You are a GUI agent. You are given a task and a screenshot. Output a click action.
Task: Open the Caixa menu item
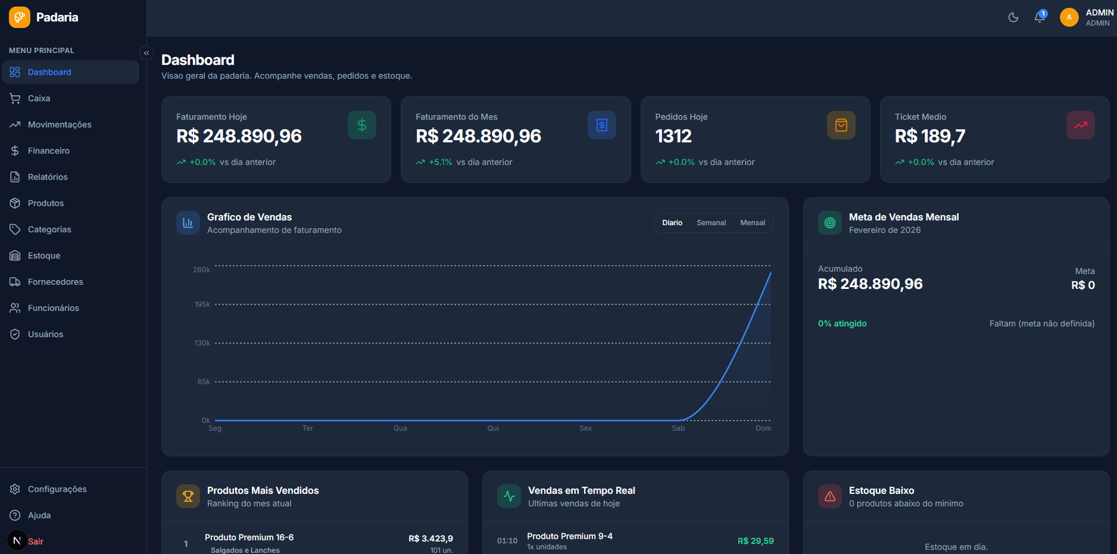[39, 98]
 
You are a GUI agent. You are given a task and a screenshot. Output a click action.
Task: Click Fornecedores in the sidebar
[55, 282]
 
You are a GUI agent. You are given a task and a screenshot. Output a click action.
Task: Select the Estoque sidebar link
[43, 256]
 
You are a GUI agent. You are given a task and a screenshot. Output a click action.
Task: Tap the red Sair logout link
[35, 541]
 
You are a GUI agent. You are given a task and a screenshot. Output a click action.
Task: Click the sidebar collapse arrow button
[146, 53]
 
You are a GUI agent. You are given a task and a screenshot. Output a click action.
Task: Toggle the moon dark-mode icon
[1013, 17]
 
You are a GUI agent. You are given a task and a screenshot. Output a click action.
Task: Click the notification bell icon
[1040, 17]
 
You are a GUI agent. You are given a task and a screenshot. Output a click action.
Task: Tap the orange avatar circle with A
[1069, 17]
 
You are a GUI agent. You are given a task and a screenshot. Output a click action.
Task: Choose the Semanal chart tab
[711, 223]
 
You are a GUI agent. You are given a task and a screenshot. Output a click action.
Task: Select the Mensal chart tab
[752, 223]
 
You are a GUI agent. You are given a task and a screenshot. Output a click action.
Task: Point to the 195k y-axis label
[202, 304]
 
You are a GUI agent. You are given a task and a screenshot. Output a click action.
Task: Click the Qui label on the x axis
[493, 428]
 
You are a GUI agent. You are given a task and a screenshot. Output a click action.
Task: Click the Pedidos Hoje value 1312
[673, 136]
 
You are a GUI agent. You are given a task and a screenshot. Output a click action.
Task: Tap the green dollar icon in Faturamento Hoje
[361, 125]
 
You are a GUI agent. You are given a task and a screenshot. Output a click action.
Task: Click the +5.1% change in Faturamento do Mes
[440, 162]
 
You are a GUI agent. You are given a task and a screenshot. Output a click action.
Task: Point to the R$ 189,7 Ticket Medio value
[929, 136]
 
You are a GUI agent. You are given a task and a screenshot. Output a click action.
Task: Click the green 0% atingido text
[842, 323]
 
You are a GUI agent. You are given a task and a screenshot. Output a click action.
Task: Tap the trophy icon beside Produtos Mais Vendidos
[188, 496]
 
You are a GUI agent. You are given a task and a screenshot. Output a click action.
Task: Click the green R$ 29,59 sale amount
[755, 541]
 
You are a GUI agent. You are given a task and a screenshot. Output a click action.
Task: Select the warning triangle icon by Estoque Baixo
[829, 496]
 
